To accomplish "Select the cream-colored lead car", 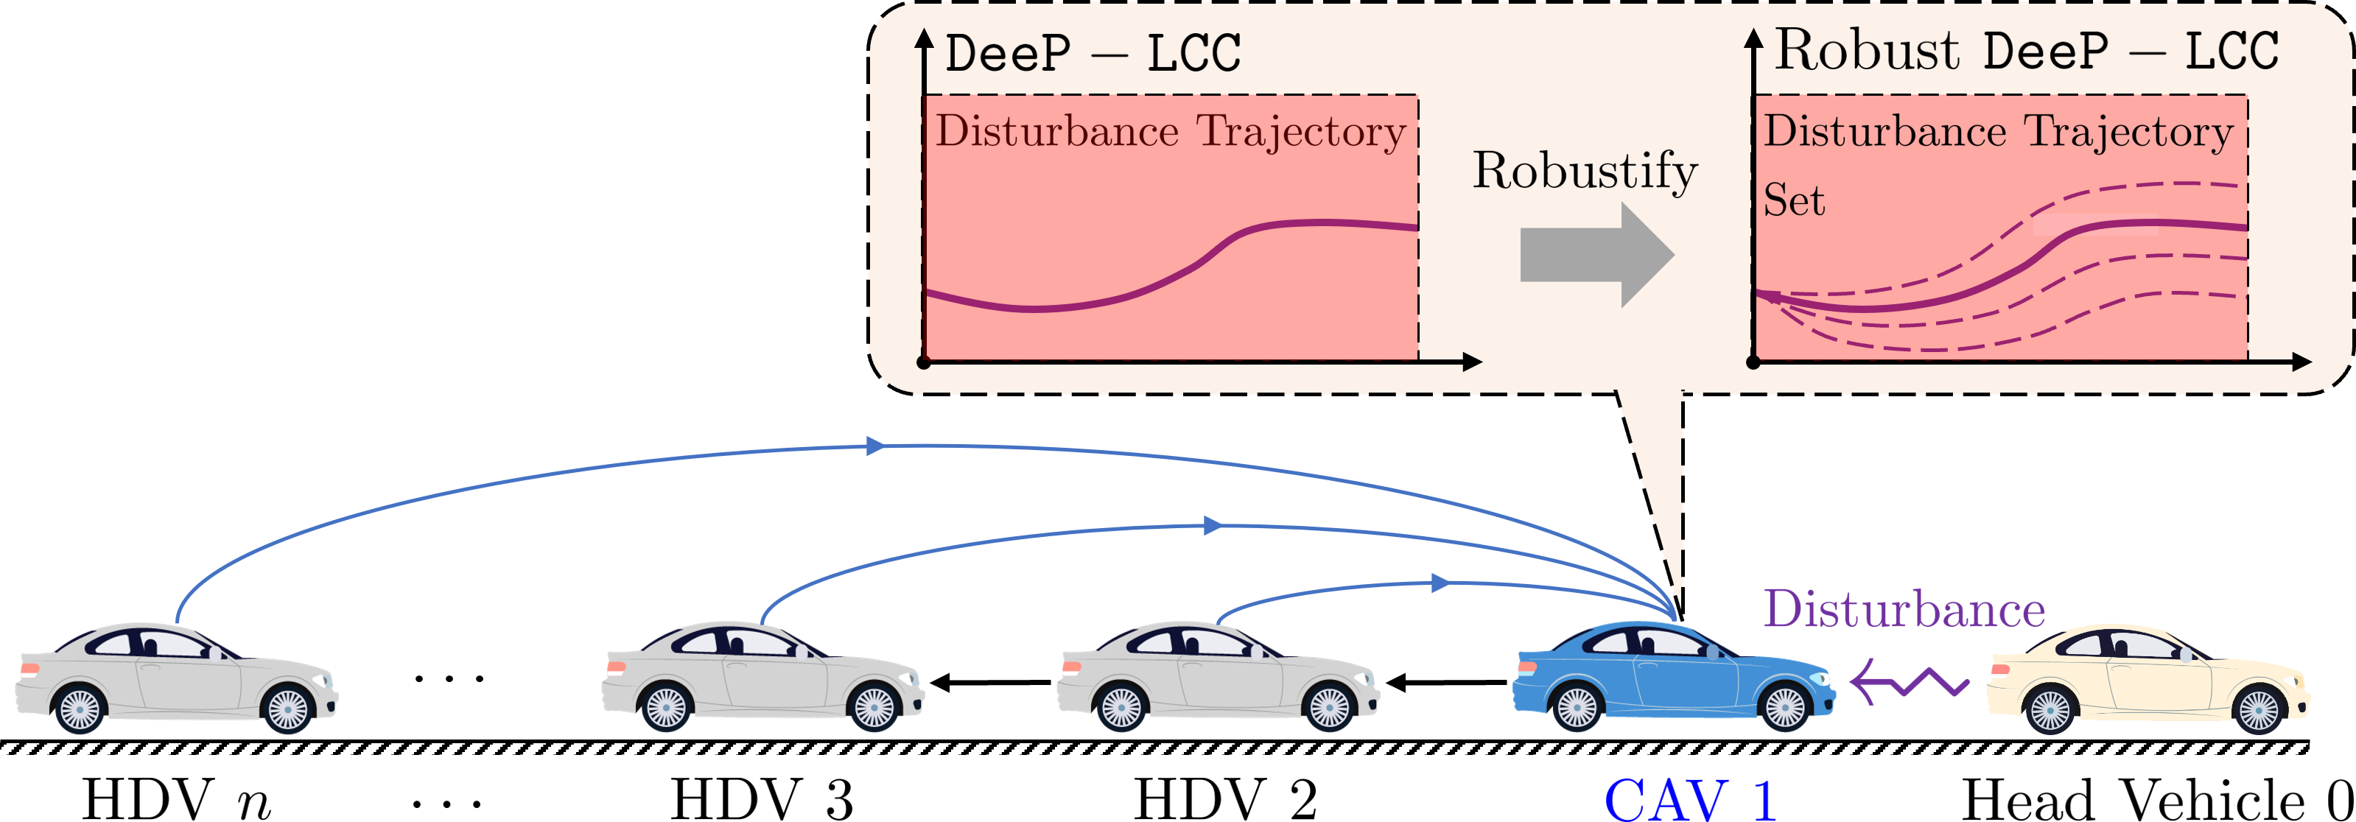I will coord(2149,681).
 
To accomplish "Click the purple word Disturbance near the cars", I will coord(1903,609).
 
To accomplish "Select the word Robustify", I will coord(1584,172).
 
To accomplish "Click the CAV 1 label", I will coord(1690,799).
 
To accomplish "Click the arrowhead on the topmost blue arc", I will coord(876,446).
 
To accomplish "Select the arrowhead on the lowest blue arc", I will coord(1440,583).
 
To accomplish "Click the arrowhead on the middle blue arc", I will coord(1213,526).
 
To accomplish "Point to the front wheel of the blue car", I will coord(1784,708).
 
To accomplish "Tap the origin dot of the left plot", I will coord(923,363).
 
